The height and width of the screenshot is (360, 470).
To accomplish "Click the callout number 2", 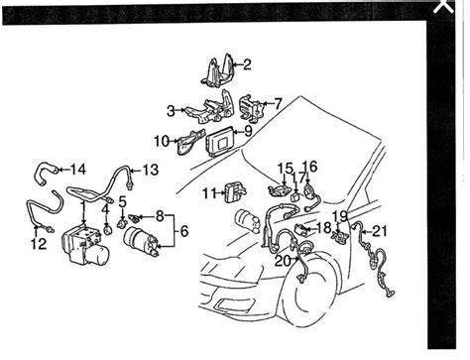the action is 247,64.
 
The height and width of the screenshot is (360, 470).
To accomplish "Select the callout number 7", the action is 278,104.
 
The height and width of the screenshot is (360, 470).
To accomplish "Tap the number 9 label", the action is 248,131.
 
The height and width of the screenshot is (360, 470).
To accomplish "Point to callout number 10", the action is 162,142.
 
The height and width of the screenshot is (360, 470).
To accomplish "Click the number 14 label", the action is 78,170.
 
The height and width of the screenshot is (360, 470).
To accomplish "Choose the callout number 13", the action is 151,171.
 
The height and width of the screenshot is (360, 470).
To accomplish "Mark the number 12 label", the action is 39,244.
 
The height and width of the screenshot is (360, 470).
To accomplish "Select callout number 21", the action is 380,231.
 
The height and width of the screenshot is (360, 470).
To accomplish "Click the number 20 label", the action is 283,261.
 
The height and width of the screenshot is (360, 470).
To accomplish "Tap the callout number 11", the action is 209,193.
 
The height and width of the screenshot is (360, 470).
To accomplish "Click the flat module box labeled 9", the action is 220,142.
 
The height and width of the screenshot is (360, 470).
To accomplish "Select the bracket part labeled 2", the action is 218,71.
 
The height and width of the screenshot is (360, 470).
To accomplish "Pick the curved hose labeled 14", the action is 46,172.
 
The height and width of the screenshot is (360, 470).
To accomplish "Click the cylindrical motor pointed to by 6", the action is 141,240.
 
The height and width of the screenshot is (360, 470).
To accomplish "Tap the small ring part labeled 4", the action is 107,229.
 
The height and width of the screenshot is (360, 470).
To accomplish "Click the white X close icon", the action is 443,6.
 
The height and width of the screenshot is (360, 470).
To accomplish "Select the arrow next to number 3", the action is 180,110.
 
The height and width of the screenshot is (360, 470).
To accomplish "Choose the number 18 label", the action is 324,228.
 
